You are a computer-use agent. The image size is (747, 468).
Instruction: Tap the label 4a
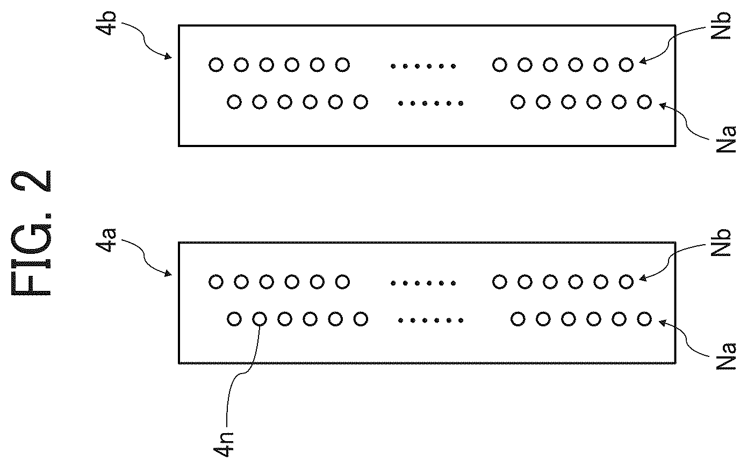tap(106, 240)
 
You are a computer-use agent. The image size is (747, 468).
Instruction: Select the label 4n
tap(223, 445)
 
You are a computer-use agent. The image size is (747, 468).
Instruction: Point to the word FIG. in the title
tap(32, 255)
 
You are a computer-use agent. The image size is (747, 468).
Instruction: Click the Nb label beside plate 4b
tap(721, 26)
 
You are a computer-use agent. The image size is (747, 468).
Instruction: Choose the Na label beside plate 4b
tap(726, 139)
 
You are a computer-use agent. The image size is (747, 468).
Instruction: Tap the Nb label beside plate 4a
tap(721, 243)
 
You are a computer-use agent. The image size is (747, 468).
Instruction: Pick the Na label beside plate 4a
tap(726, 356)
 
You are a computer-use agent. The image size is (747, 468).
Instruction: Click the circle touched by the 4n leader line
tap(260, 319)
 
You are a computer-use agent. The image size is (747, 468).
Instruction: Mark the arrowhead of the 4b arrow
tap(168, 57)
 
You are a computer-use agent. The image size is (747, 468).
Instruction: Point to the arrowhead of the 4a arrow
tap(168, 274)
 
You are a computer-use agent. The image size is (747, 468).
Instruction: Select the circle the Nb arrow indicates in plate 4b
tap(626, 64)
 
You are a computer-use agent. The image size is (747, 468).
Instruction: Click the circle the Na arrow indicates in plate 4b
tap(644, 102)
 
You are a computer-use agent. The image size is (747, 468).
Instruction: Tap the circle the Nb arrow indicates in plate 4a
tap(626, 282)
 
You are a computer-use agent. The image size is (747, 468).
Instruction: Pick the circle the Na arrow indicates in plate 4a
tap(644, 319)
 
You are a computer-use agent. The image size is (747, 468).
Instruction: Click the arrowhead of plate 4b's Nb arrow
tap(642, 61)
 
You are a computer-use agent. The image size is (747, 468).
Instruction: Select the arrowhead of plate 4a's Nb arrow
tap(642, 278)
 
